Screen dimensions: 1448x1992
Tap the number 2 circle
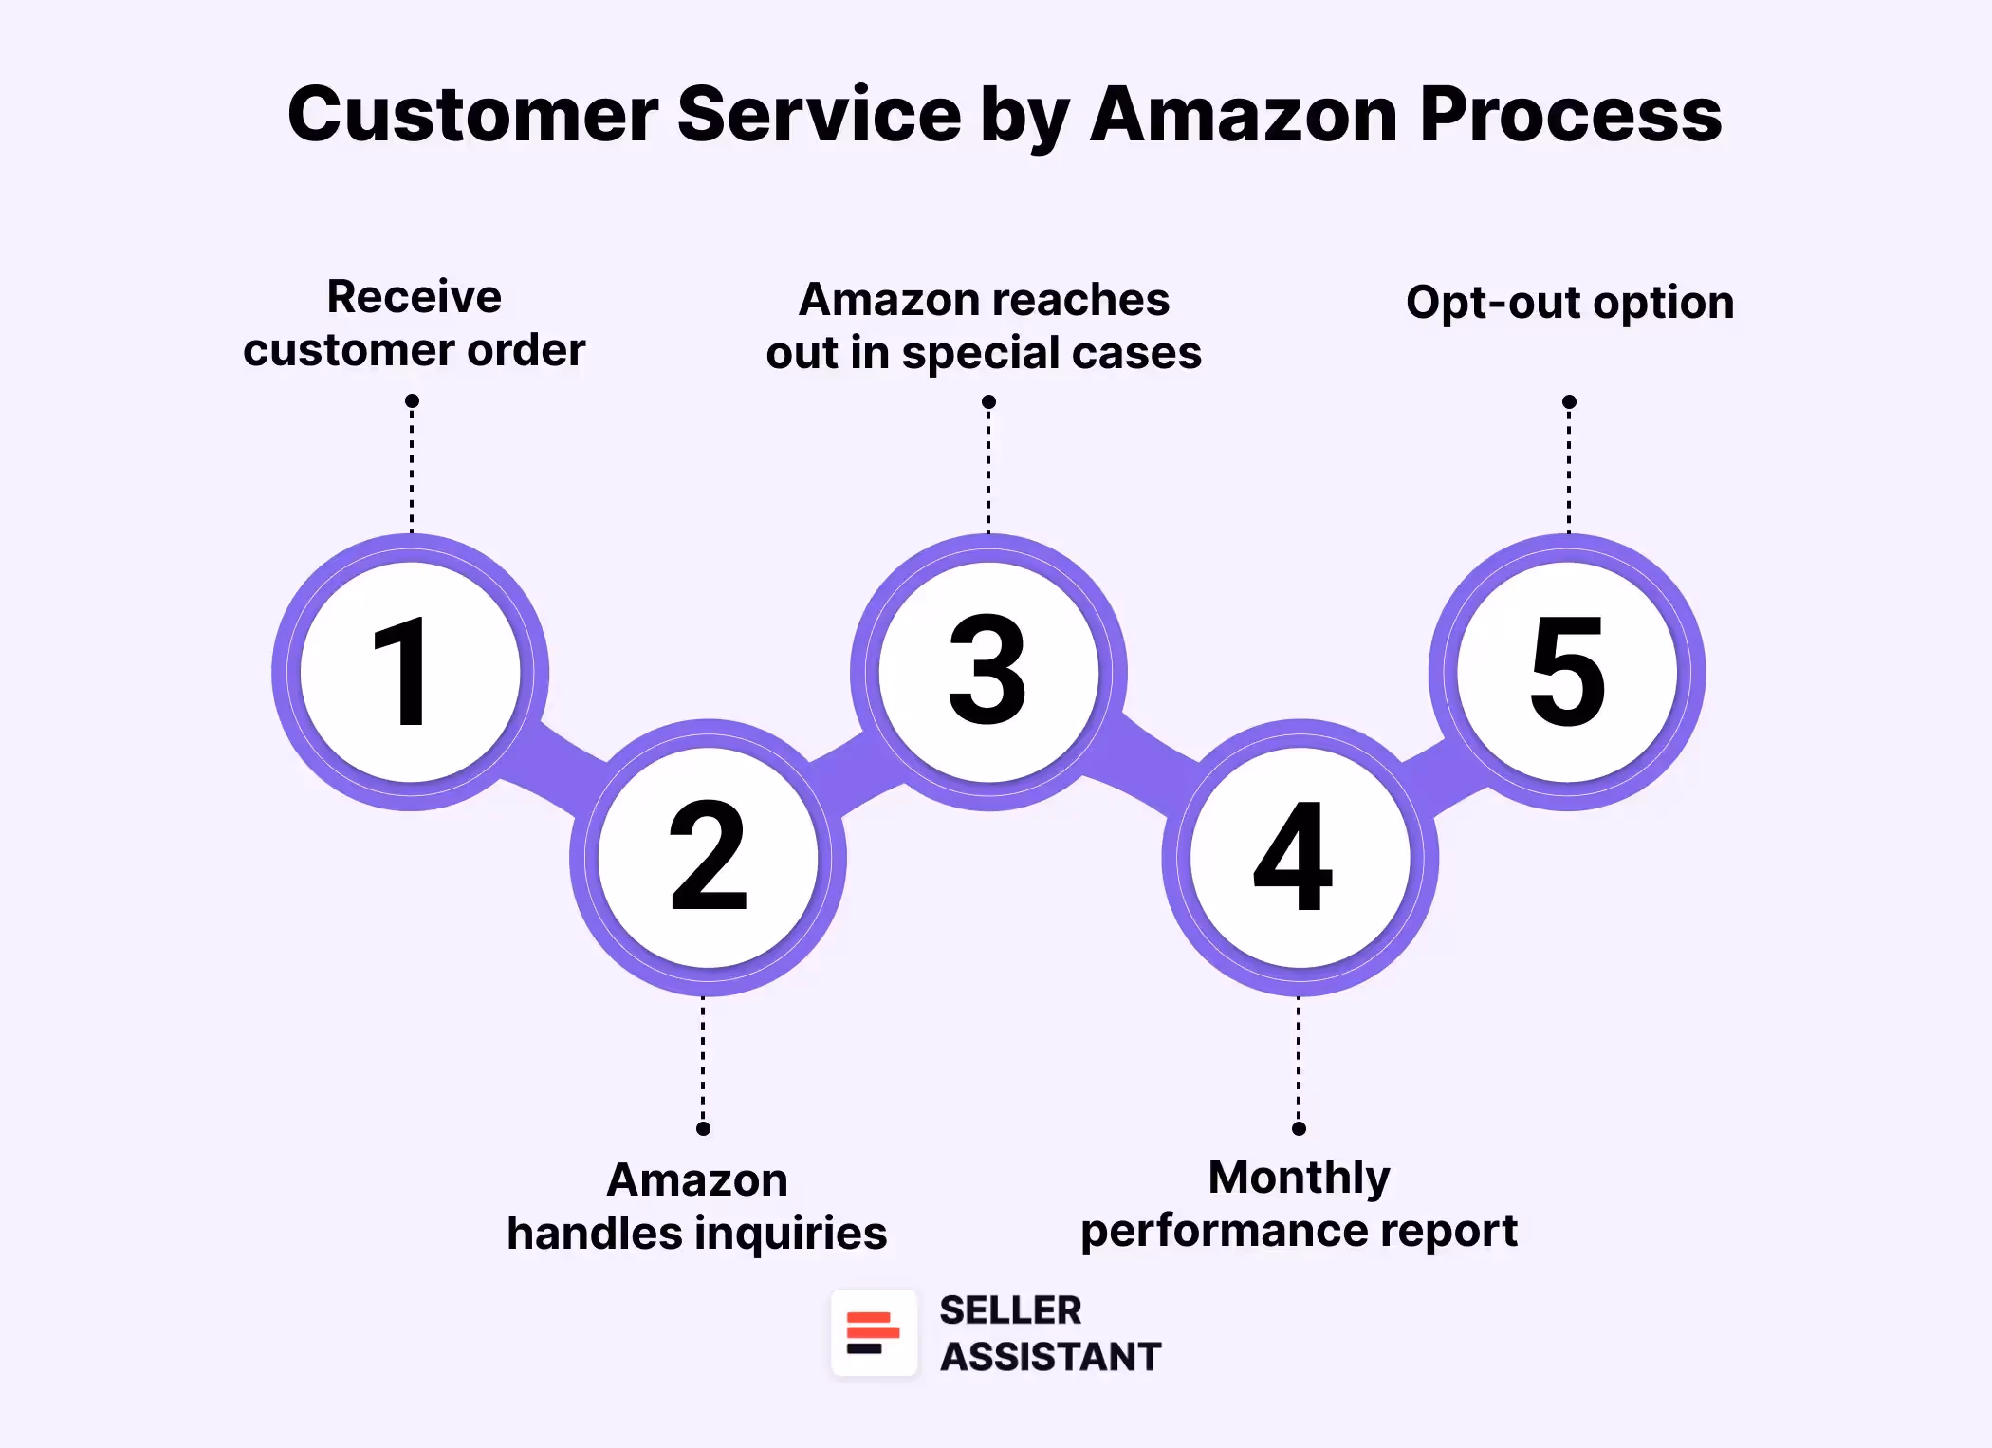(708, 857)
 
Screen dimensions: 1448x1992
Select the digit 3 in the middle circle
(987, 670)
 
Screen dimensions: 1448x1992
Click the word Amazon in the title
(1244, 115)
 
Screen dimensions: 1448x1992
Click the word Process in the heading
(1570, 115)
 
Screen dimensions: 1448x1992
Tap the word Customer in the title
(472, 115)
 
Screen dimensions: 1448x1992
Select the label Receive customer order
(415, 324)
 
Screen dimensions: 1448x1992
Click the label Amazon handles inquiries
(697, 1207)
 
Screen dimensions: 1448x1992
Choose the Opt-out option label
(1570, 303)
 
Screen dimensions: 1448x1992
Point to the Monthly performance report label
(1299, 1204)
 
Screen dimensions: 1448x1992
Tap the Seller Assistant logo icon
(874, 1332)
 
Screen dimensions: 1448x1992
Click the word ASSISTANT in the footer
(1050, 1357)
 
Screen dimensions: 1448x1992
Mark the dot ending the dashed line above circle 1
(412, 401)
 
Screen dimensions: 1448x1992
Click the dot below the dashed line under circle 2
(703, 1128)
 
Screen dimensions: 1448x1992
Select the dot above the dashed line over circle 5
(1569, 402)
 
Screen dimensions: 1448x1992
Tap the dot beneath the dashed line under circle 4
(1299, 1128)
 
